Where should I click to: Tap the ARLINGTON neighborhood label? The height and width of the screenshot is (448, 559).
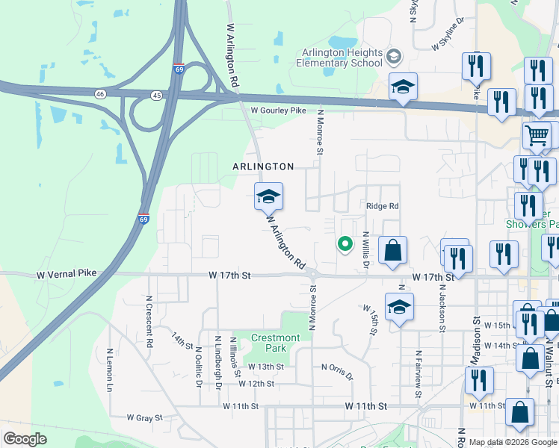click(262, 167)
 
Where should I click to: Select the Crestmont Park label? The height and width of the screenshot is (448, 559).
click(275, 343)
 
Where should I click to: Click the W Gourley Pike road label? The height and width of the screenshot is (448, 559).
click(279, 111)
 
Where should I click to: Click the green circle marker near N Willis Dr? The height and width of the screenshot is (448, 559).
click(345, 243)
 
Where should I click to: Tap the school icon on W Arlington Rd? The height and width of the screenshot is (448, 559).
click(269, 196)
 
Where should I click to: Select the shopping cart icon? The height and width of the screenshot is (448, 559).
click(537, 135)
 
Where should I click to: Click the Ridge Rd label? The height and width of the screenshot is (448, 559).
click(382, 206)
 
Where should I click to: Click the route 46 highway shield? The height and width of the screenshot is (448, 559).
click(100, 94)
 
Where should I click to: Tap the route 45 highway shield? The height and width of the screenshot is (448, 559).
click(156, 96)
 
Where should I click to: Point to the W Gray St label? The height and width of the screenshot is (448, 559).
click(144, 417)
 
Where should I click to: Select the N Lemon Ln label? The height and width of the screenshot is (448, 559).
click(109, 370)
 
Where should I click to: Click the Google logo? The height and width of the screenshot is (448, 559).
click(25, 439)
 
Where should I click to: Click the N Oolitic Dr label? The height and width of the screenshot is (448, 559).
click(199, 367)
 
